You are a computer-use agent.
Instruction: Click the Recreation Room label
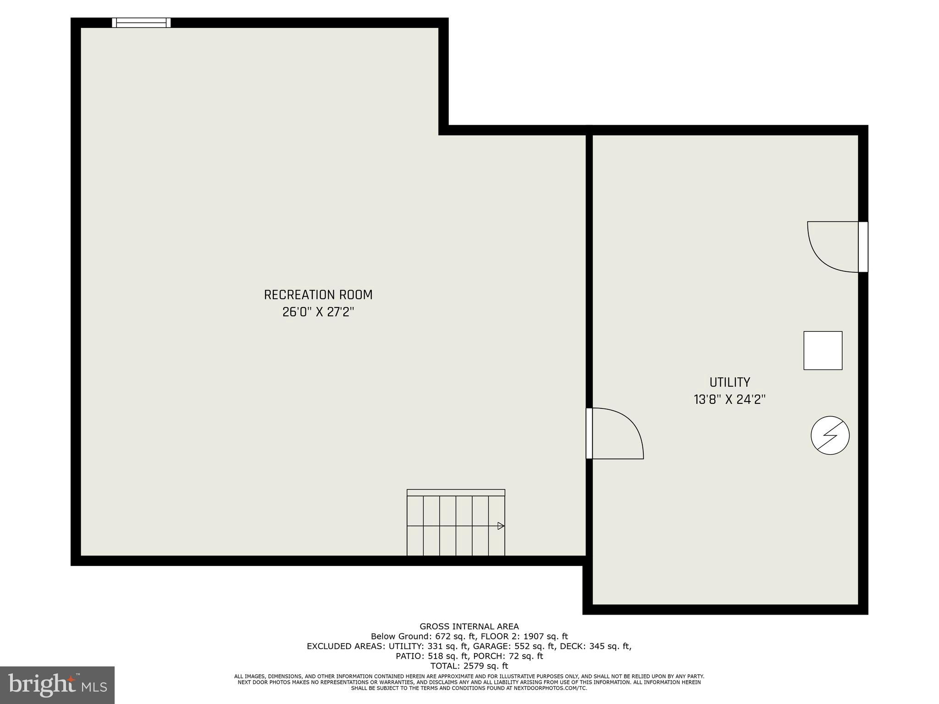318,295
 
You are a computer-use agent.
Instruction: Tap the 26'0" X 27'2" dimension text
318,312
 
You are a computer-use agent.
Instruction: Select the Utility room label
729,382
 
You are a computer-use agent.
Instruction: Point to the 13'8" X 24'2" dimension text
729,400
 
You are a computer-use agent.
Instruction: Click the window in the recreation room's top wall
141,23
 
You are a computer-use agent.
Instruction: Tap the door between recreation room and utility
614,433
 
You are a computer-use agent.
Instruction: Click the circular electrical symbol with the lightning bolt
830,435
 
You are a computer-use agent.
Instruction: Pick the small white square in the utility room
823,350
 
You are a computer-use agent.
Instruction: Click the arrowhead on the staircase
501,526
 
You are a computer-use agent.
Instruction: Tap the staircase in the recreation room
456,523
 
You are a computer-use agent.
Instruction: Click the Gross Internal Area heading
469,627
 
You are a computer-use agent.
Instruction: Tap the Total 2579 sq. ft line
469,666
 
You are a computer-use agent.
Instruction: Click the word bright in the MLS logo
41,684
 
